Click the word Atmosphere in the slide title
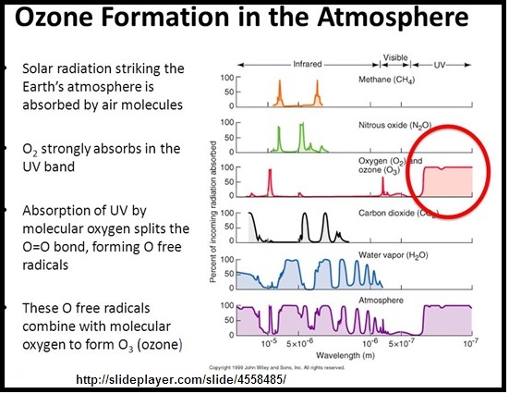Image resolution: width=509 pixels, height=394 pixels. click(398, 19)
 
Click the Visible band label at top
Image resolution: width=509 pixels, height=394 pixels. click(395, 57)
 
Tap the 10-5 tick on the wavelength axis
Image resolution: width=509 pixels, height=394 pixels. click(268, 342)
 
